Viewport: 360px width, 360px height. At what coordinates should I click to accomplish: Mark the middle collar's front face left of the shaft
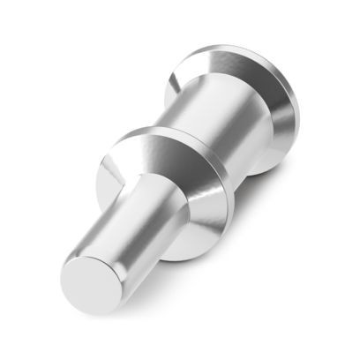[x=113, y=172]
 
